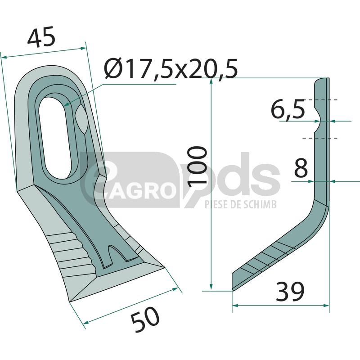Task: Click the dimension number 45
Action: [x=41, y=36]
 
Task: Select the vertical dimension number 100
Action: [x=198, y=165]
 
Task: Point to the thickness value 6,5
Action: [x=288, y=110]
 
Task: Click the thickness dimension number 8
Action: [x=301, y=168]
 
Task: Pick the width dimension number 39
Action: [x=290, y=292]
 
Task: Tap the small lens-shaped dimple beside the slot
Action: [x=81, y=119]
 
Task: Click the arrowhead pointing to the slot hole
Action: [x=67, y=104]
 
